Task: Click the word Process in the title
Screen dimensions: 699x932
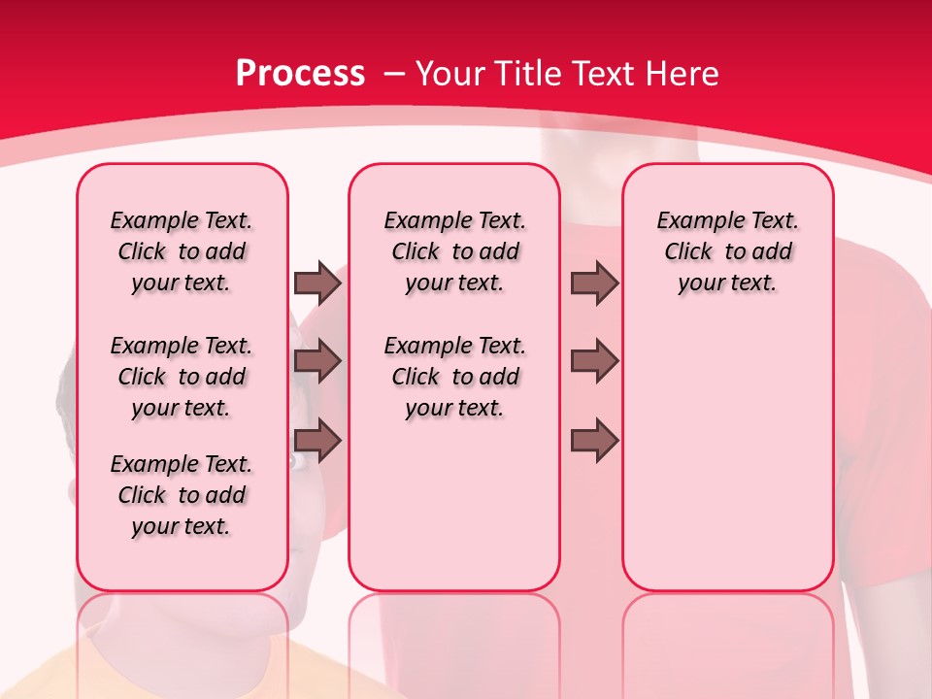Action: click(300, 74)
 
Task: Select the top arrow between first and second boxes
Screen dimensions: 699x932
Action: click(317, 283)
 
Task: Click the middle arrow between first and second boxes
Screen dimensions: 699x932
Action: click(317, 361)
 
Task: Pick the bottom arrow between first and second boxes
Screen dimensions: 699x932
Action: click(317, 441)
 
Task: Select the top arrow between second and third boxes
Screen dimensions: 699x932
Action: click(594, 283)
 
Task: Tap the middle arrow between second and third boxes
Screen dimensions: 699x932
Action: click(594, 361)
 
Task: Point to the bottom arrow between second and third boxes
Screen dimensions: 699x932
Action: click(594, 441)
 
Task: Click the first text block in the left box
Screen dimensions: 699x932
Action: click(182, 251)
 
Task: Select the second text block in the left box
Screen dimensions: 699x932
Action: click(182, 377)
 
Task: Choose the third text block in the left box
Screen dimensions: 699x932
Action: click(182, 495)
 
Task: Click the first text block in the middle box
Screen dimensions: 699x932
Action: click(454, 251)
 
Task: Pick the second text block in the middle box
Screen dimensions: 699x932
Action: click(454, 377)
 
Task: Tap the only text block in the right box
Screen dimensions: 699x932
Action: click(727, 251)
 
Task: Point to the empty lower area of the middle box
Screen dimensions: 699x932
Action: click(454, 505)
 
